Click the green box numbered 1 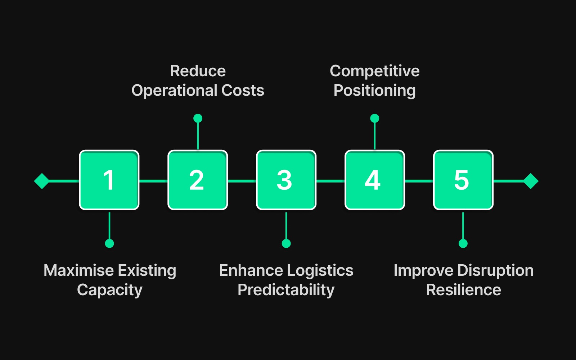pos(109,180)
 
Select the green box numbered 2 pos(198,180)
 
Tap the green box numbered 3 pos(286,180)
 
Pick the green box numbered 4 pos(375,180)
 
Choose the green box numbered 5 pos(463,180)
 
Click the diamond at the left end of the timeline pos(42,181)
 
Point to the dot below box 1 pos(109,243)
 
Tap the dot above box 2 pos(198,118)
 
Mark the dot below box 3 pos(286,243)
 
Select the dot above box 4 pos(375,118)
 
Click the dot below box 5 pos(463,243)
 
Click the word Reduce pos(198,71)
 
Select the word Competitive pos(374,71)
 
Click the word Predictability pos(286,290)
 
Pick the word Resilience pos(463,290)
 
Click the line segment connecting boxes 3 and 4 pos(330,181)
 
